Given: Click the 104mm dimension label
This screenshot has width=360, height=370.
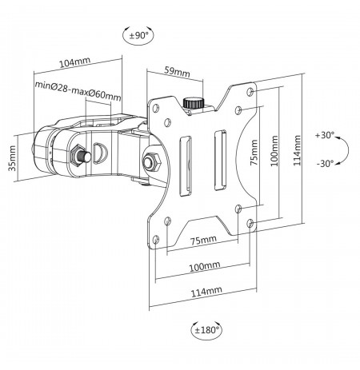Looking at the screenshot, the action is [x=74, y=62].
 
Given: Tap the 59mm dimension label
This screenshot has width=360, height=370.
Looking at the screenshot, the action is [x=177, y=72].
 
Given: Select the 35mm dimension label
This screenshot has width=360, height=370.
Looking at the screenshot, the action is [x=12, y=158].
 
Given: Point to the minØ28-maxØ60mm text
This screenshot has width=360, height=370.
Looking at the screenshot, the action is [x=78, y=91].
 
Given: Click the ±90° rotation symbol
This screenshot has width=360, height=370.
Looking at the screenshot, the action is [x=138, y=35].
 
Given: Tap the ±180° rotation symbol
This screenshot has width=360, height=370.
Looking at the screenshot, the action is [x=206, y=330].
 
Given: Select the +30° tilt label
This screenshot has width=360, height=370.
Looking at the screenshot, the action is [x=324, y=135].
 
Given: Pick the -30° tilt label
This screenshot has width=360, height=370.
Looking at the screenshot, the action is [x=325, y=163].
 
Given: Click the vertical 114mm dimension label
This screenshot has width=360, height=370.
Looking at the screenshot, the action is [x=297, y=150].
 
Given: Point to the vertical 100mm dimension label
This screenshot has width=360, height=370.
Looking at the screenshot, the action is [x=274, y=151].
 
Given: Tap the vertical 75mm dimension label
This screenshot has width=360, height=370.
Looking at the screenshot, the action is [x=254, y=153].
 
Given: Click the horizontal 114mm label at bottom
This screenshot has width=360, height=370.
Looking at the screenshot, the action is [x=206, y=292].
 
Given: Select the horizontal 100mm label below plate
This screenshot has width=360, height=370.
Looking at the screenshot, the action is [x=205, y=266].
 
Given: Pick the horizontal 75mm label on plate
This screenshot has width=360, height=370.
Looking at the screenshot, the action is [x=203, y=241].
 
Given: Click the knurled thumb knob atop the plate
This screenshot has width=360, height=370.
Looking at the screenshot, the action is [x=194, y=103].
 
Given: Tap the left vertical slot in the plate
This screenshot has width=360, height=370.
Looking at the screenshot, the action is [x=186, y=166].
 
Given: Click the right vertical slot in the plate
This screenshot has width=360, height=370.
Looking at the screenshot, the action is [x=220, y=160].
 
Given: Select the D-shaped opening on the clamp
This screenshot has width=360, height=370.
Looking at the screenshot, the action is [x=100, y=153].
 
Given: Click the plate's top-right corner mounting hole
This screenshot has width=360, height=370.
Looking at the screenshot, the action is [x=250, y=92].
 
